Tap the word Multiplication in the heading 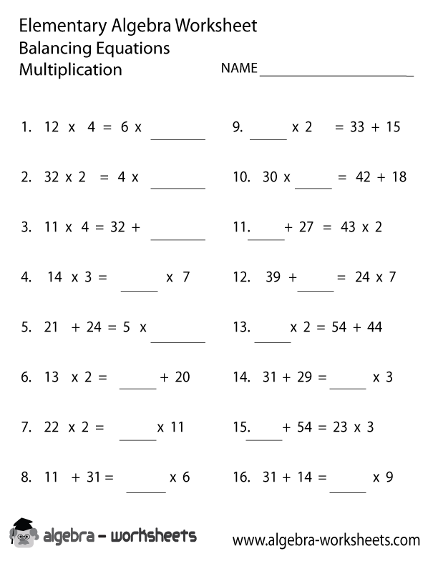[71, 70]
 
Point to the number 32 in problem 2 [52, 177]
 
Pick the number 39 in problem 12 [273, 277]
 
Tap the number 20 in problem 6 [182, 377]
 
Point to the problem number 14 [240, 377]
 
